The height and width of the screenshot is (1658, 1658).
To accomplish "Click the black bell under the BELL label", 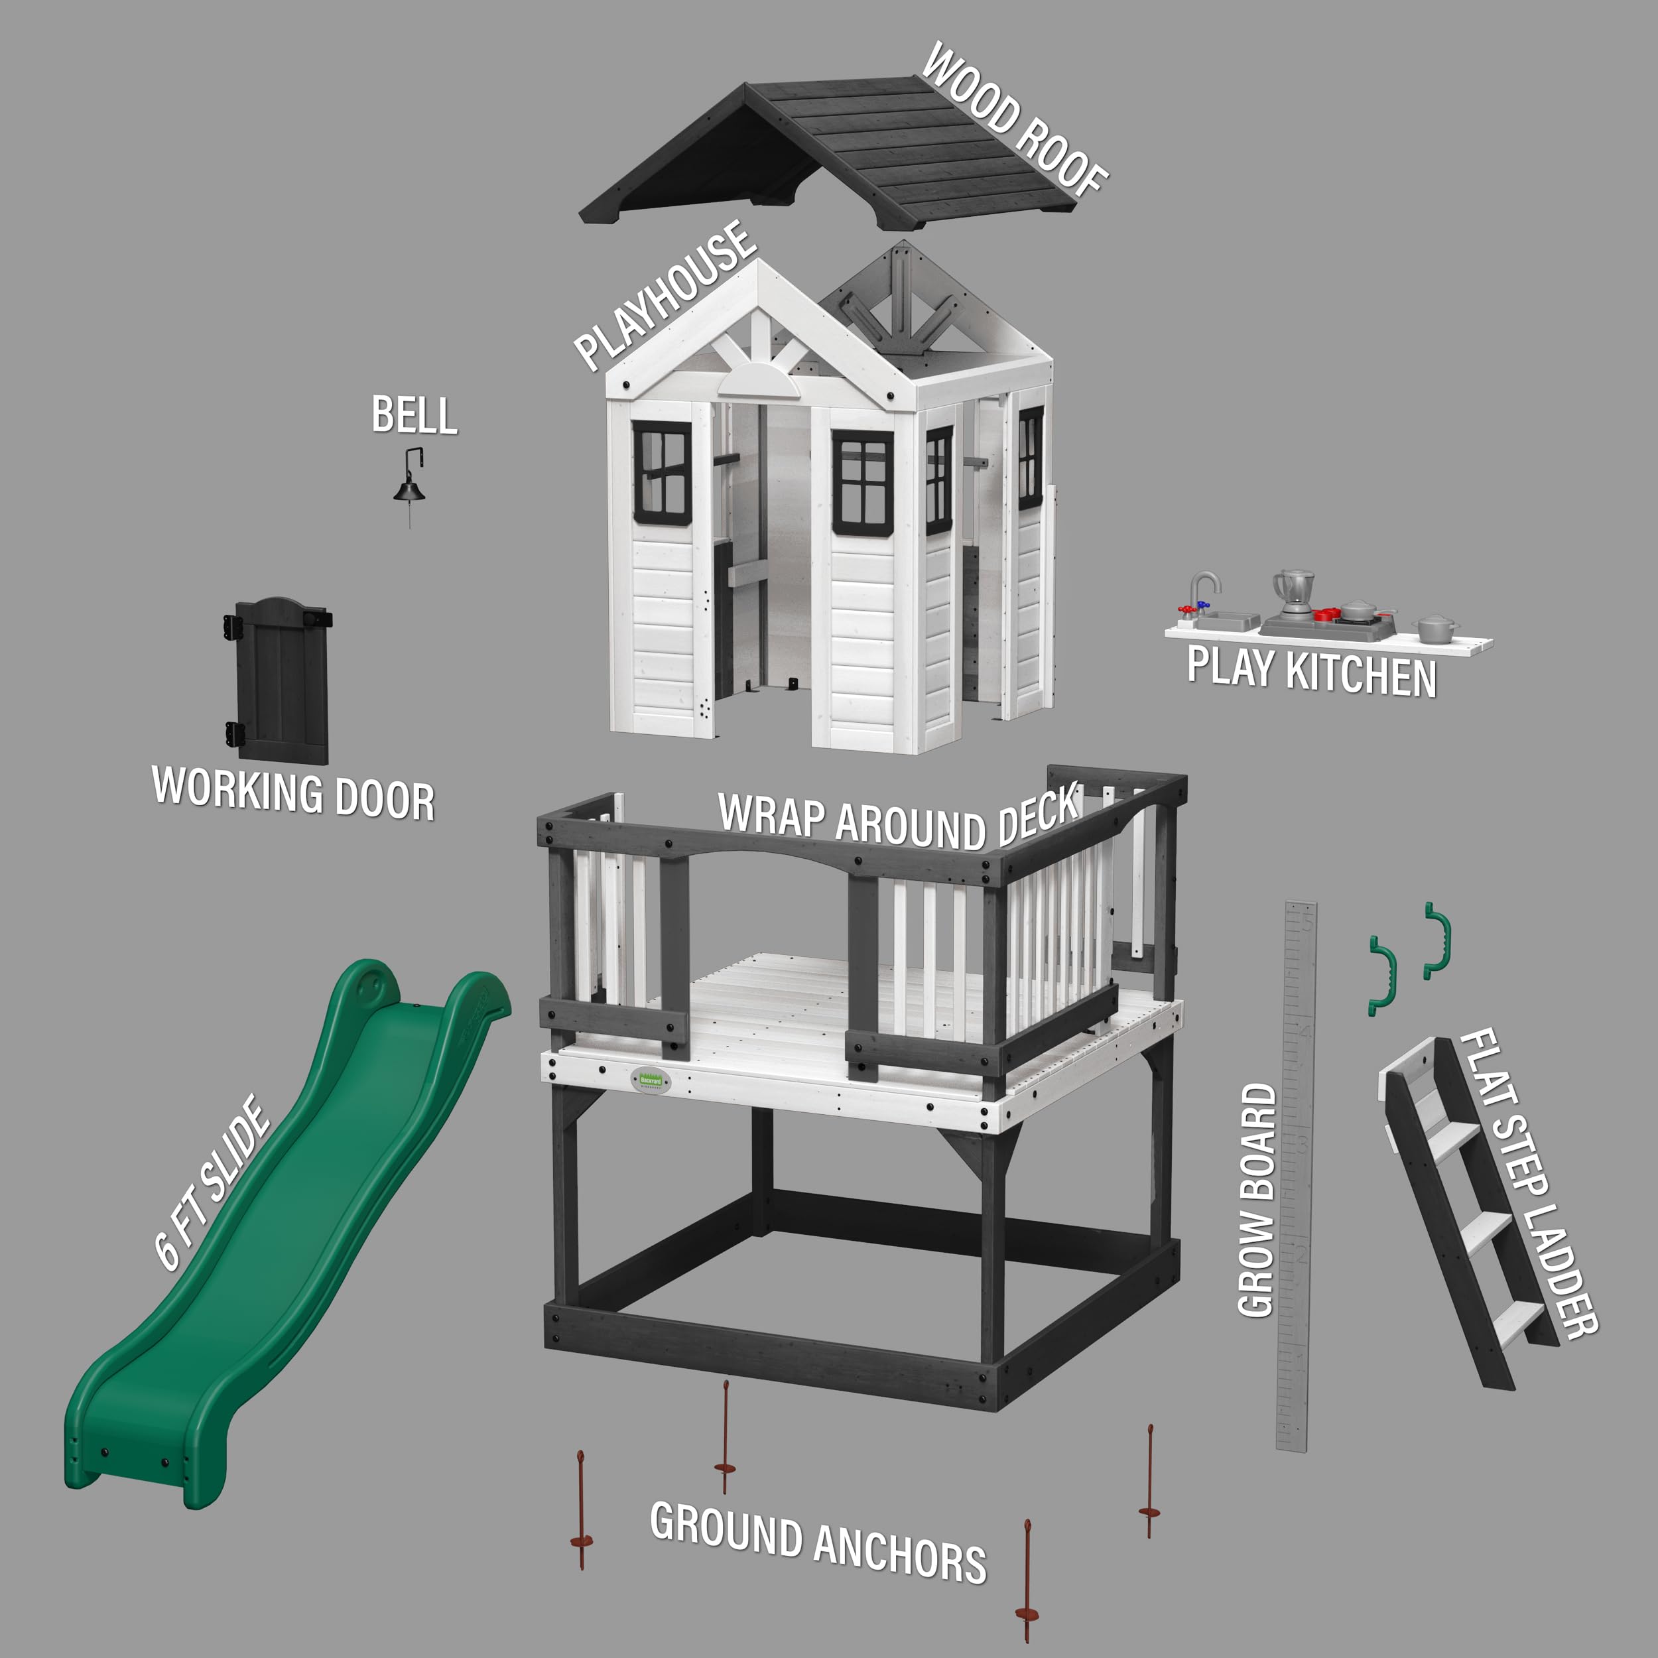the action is [409, 489].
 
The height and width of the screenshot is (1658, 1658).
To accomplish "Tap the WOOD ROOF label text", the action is [1015, 119].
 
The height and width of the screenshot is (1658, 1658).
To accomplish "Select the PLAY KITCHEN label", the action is [1311, 672].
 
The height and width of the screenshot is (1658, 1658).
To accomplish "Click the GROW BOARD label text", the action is [1257, 1200].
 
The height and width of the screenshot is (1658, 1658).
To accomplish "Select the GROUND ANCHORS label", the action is [818, 1543].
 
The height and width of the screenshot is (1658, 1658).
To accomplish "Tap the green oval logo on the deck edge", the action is [651, 1080].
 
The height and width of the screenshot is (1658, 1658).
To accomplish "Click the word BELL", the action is [414, 415].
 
